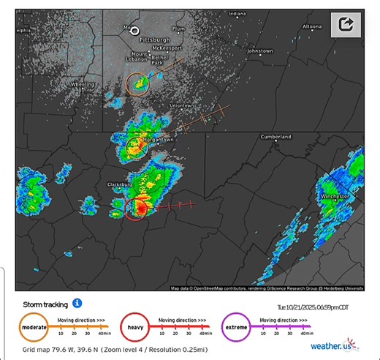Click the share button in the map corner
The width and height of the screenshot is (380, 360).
click(x=346, y=25)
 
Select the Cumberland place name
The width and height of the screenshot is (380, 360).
click(x=276, y=137)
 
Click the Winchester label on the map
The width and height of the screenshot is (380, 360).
click(x=335, y=197)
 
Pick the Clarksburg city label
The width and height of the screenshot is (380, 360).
click(x=119, y=185)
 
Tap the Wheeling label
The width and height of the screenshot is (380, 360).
click(x=82, y=85)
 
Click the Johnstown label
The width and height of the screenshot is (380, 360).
click(x=259, y=51)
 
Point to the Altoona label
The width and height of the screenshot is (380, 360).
click(x=312, y=26)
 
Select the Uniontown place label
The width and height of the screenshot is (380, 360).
click(x=182, y=105)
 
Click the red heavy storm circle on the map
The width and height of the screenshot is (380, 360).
click(x=136, y=209)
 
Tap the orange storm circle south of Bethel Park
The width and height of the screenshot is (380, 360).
click(x=137, y=84)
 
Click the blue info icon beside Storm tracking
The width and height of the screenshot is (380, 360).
click(x=77, y=303)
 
